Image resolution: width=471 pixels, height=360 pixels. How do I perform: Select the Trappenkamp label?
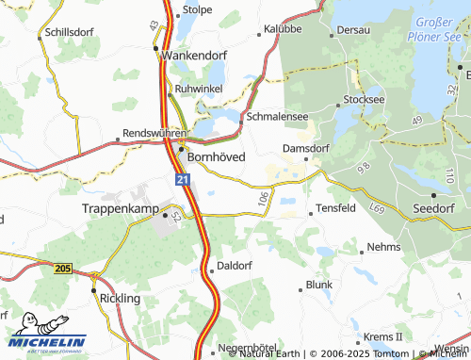(120, 207)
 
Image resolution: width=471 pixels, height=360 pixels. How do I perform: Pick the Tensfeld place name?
(336, 207)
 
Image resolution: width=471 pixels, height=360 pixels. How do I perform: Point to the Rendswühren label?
(151, 134)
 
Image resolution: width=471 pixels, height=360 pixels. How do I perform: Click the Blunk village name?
(319, 284)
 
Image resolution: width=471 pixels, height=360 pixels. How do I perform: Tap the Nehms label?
(383, 246)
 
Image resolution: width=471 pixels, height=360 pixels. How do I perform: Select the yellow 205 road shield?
(62, 269)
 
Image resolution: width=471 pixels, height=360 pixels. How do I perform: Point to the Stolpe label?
(197, 10)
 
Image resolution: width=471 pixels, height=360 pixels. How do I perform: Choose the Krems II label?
(384, 336)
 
